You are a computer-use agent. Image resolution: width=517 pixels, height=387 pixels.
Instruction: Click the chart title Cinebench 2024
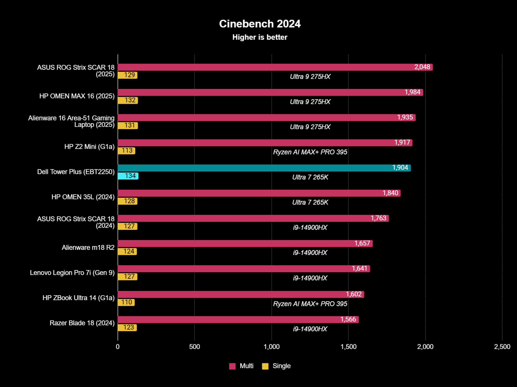(x=260, y=24)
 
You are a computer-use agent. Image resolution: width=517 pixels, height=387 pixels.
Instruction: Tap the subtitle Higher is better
(x=260, y=37)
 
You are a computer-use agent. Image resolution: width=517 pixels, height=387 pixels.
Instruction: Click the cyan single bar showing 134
(x=128, y=176)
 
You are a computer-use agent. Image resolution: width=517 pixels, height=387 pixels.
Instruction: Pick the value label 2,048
(x=422, y=67)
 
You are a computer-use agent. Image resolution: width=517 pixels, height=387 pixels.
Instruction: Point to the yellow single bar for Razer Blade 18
(x=127, y=327)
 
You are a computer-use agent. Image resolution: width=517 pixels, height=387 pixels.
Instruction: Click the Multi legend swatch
(x=232, y=366)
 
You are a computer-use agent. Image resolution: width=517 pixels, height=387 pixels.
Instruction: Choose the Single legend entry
(x=281, y=366)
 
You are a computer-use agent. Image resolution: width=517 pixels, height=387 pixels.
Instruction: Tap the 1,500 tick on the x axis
(x=348, y=347)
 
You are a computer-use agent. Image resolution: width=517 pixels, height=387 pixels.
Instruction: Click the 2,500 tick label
(x=502, y=347)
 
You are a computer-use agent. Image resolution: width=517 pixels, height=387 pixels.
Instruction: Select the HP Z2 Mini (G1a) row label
(x=89, y=147)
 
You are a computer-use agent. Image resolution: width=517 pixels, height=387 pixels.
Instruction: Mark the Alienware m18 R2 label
(x=88, y=247)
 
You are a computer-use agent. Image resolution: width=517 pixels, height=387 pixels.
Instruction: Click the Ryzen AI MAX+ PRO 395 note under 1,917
(x=310, y=152)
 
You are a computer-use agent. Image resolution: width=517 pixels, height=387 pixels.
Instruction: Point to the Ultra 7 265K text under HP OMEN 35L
(x=310, y=202)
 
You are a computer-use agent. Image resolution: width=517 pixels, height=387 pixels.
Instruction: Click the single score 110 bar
(x=126, y=302)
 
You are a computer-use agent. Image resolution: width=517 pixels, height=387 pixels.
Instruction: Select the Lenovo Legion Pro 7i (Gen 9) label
(x=72, y=273)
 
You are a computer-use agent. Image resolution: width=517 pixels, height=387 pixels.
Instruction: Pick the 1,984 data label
(x=412, y=92)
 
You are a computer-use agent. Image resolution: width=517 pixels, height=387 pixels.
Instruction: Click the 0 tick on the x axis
(x=118, y=347)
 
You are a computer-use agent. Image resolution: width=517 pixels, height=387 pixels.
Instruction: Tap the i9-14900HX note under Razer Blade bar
(x=310, y=329)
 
